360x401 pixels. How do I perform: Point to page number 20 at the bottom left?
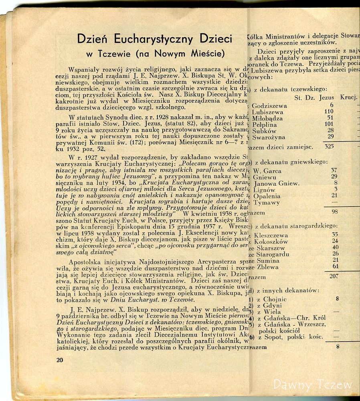[x=60, y=360]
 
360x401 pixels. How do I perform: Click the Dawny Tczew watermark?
[x=313, y=385]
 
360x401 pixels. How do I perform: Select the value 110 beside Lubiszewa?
[x=329, y=112]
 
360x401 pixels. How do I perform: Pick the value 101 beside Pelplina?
[x=329, y=124]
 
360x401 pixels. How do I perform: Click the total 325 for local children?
[x=329, y=146]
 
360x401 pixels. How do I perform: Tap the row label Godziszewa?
[x=269, y=106]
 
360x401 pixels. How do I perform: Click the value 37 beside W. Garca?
[x=334, y=170]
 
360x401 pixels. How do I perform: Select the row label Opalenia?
[x=267, y=196]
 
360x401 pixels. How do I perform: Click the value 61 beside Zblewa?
[x=336, y=267]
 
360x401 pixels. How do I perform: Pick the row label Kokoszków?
[x=271, y=242]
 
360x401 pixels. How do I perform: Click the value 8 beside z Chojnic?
[x=338, y=299]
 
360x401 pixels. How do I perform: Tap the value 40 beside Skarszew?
[x=336, y=247]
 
